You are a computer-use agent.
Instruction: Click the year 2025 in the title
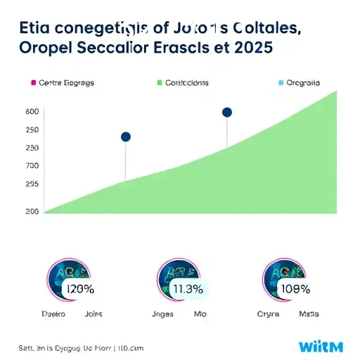250,50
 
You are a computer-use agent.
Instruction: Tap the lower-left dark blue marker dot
126,136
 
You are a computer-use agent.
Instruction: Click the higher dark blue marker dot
226,112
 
